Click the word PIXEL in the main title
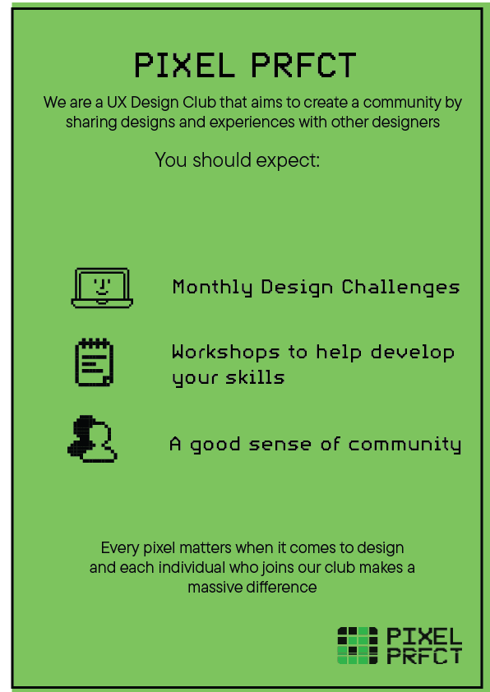[x=184, y=65]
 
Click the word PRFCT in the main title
[x=303, y=65]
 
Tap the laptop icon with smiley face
[x=102, y=288]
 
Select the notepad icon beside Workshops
[x=94, y=362]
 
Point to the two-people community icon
[x=92, y=439]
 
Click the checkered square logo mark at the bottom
[x=358, y=645]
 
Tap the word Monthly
[x=212, y=288]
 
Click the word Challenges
[x=401, y=288]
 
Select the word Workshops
[x=225, y=353]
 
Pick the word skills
[x=255, y=377]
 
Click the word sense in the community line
[x=280, y=445]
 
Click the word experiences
[x=252, y=122]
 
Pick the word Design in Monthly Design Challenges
[x=297, y=288]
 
